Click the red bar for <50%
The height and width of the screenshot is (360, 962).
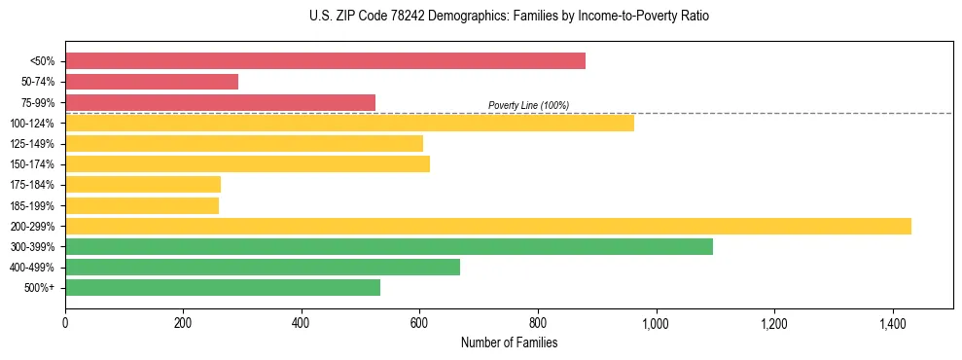(x=325, y=60)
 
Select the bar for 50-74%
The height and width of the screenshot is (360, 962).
(x=152, y=82)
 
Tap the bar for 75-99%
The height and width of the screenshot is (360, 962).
(x=220, y=102)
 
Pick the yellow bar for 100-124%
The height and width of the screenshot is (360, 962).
(x=349, y=123)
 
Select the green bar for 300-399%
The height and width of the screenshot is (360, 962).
(x=389, y=246)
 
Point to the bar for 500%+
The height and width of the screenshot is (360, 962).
(x=223, y=287)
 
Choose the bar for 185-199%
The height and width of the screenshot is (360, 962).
(x=142, y=205)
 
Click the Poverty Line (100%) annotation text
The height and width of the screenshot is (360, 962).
(x=528, y=105)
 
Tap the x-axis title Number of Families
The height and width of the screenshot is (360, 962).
(x=509, y=342)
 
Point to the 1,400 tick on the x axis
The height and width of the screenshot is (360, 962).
(x=892, y=322)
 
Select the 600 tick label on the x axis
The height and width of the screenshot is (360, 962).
(x=419, y=322)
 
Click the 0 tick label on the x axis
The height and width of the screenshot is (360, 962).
(x=65, y=322)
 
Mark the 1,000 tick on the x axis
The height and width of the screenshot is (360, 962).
(x=656, y=322)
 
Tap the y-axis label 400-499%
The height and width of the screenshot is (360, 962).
(x=36, y=268)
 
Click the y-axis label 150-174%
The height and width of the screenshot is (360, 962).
(x=36, y=164)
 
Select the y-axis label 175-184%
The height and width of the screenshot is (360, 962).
(x=36, y=185)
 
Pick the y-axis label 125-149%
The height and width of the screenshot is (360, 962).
(x=36, y=144)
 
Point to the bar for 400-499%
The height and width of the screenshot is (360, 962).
(x=263, y=267)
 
